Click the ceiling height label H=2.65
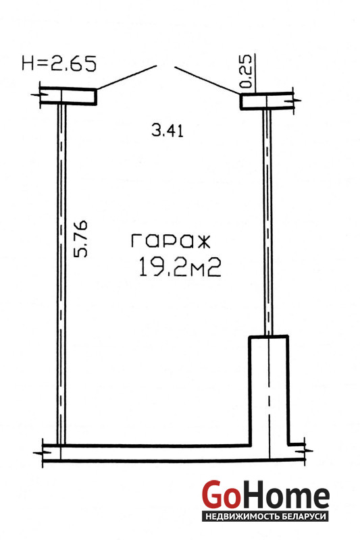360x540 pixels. click(59, 63)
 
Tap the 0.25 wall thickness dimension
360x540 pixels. click(246, 72)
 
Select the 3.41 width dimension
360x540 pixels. click(168, 131)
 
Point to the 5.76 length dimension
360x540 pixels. click(81, 239)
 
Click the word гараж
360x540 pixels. click(170, 241)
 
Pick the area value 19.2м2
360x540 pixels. click(180, 267)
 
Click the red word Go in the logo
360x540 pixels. click(220, 494)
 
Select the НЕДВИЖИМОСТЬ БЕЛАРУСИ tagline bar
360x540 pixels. click(265, 516)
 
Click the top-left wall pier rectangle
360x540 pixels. click(68, 96)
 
